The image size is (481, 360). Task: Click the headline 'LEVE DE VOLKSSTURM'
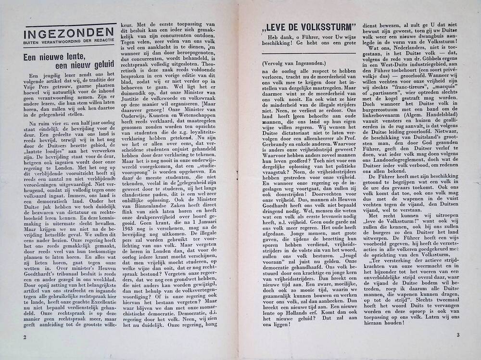click(307, 26)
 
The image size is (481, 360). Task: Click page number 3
click(458, 335)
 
